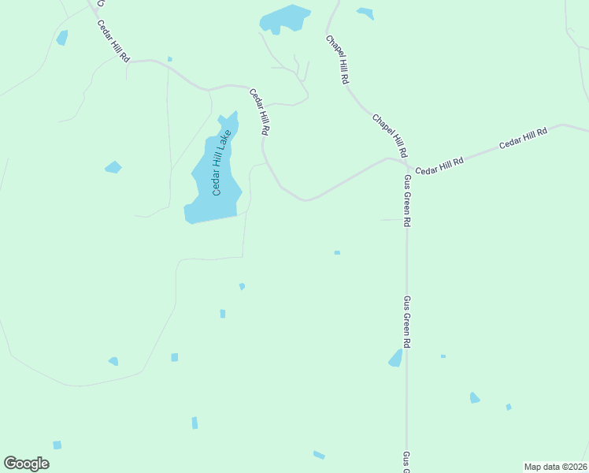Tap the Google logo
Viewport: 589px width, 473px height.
click(x=26, y=464)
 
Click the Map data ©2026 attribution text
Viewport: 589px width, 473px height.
click(x=555, y=466)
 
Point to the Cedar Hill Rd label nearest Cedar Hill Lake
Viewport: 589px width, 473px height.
click(x=260, y=113)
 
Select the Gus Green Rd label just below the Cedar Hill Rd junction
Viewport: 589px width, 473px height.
click(x=407, y=201)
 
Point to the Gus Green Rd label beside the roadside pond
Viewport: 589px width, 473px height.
click(x=407, y=322)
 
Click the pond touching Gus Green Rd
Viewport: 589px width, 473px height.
click(x=396, y=359)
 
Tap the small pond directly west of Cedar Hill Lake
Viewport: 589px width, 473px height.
click(x=113, y=167)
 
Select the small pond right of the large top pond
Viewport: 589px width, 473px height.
click(x=365, y=13)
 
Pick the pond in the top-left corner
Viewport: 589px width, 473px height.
click(x=61, y=37)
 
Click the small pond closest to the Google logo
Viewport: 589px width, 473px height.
click(x=57, y=445)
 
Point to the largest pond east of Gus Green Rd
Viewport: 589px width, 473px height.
click(x=474, y=398)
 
